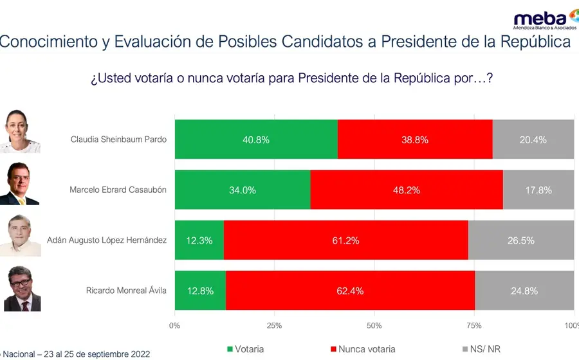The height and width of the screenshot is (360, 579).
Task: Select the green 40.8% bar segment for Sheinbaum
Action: pyautogui.click(x=256, y=139)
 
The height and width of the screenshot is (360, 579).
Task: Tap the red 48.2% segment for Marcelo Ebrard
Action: pyautogui.click(x=407, y=190)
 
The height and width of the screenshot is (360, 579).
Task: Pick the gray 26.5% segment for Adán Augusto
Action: pyautogui.click(x=521, y=240)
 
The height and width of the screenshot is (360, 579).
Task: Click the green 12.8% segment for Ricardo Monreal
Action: pyautogui.click(x=201, y=291)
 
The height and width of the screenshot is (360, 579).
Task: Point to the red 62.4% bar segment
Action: pyautogui.click(x=351, y=291)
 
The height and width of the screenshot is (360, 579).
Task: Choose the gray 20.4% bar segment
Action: pyautogui.click(x=533, y=139)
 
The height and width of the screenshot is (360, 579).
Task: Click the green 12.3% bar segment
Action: pyautogui.click(x=199, y=240)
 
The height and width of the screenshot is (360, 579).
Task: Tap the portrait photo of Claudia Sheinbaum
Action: pyautogui.click(x=19, y=131)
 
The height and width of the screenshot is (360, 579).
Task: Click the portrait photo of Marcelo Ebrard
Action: pyautogui.click(x=19, y=184)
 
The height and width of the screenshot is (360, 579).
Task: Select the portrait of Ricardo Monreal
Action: pyautogui.click(x=22, y=289)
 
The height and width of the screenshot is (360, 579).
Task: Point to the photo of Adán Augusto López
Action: pyautogui.click(x=21, y=236)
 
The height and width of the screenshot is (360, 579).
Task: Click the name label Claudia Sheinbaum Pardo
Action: pyautogui.click(x=118, y=139)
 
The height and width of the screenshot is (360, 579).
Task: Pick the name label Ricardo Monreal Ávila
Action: pyautogui.click(x=126, y=291)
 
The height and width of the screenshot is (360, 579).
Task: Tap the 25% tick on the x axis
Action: pyautogui.click(x=274, y=326)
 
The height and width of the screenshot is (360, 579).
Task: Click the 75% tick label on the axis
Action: pyautogui.click(x=474, y=326)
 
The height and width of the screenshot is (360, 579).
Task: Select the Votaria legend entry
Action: pyautogui.click(x=246, y=349)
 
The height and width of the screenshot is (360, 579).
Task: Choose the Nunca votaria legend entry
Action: pyautogui.click(x=363, y=349)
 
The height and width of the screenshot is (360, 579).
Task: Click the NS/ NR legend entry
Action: pyautogui.click(x=481, y=349)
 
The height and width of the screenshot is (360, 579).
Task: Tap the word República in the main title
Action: pyautogui.click(x=535, y=42)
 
